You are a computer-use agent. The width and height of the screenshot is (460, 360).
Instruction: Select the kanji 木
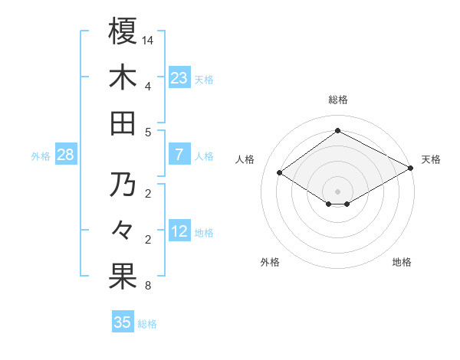[x=123, y=78]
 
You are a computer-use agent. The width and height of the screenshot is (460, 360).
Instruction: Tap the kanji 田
[x=123, y=123]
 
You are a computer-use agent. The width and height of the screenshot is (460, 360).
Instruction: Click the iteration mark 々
[x=123, y=229]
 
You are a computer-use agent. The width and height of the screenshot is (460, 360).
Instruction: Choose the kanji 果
[x=123, y=277]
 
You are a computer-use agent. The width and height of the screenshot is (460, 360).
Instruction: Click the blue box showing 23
[x=179, y=77]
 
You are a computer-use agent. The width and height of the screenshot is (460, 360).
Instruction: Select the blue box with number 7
[x=179, y=155]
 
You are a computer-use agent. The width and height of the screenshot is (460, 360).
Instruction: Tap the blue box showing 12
[x=179, y=232]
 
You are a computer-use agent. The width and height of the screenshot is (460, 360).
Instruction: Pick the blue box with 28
[x=66, y=155]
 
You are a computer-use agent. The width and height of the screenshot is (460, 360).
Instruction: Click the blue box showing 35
[x=123, y=322]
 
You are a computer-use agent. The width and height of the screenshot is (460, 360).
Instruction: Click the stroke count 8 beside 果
[x=147, y=286]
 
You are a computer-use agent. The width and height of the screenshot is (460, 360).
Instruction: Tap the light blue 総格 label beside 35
[x=147, y=324]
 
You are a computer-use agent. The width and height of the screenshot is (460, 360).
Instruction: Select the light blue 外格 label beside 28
[x=41, y=156]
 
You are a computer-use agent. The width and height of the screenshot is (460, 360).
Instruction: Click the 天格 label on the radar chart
[x=431, y=159]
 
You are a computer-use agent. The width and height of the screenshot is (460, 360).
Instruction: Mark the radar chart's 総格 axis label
[x=337, y=100]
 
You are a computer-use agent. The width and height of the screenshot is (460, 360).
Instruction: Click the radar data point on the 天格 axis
[x=411, y=169]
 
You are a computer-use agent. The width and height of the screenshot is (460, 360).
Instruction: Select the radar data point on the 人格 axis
[x=280, y=173]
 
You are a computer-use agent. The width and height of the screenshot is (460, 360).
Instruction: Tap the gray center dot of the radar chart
[x=337, y=190]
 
